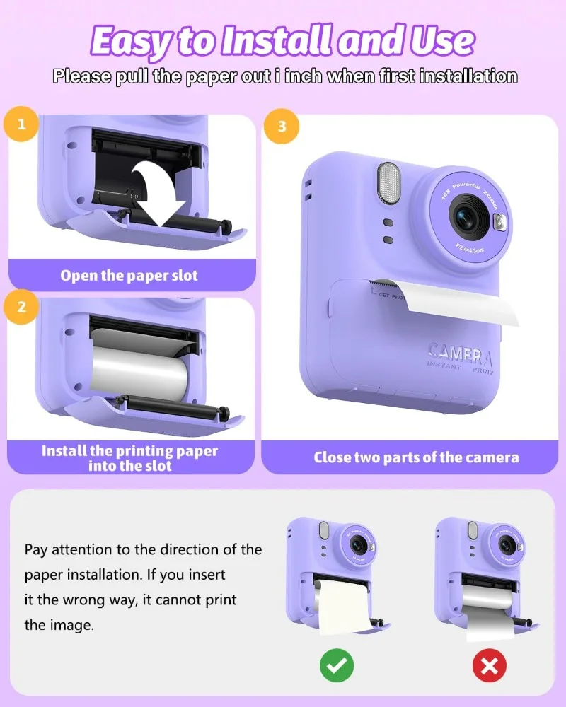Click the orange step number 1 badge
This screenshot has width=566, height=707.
tap(22, 125)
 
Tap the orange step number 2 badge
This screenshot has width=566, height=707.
tap(22, 307)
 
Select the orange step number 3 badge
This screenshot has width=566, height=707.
tap(282, 127)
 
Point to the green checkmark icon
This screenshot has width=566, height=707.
tap(336, 665)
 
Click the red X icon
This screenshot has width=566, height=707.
tap(489, 665)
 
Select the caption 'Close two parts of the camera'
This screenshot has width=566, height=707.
tap(416, 457)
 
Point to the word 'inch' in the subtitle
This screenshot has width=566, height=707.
tap(310, 76)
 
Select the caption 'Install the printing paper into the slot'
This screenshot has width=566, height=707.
tap(129, 457)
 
